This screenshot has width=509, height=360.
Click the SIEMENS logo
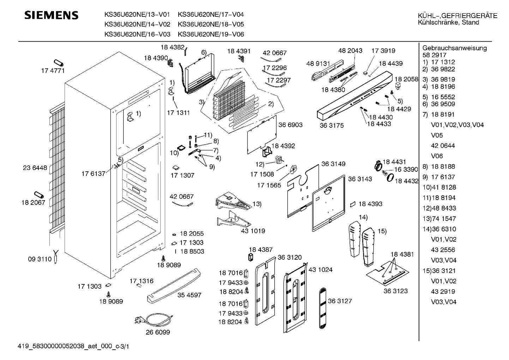pyautogui.click(x=51, y=15)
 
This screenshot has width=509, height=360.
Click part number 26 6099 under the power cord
pyautogui.click(x=158, y=332)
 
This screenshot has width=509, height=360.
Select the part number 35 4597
pyautogui.click(x=189, y=295)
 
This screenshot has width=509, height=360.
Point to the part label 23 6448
pyautogui.click(x=35, y=168)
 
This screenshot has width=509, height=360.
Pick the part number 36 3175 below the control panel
pyautogui.click(x=331, y=125)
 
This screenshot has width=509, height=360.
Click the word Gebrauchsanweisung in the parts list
pyautogui.click(x=454, y=48)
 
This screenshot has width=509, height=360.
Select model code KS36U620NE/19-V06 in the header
pyautogui.click(x=211, y=34)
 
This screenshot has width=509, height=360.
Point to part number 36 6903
pyautogui.click(x=290, y=125)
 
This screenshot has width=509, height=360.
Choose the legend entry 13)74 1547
pyautogui.click(x=439, y=219)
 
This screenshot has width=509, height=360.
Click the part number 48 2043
pyautogui.click(x=350, y=51)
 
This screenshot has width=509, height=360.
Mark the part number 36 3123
pyautogui.click(x=395, y=291)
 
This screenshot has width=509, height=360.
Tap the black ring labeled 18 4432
pyautogui.click(x=390, y=178)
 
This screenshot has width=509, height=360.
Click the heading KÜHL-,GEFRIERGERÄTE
pyautogui.click(x=457, y=16)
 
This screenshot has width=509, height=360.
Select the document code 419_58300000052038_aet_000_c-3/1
pyautogui.click(x=73, y=347)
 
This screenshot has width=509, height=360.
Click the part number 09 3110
pyautogui.click(x=40, y=259)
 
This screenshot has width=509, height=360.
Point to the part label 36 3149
pyautogui.click(x=333, y=164)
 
